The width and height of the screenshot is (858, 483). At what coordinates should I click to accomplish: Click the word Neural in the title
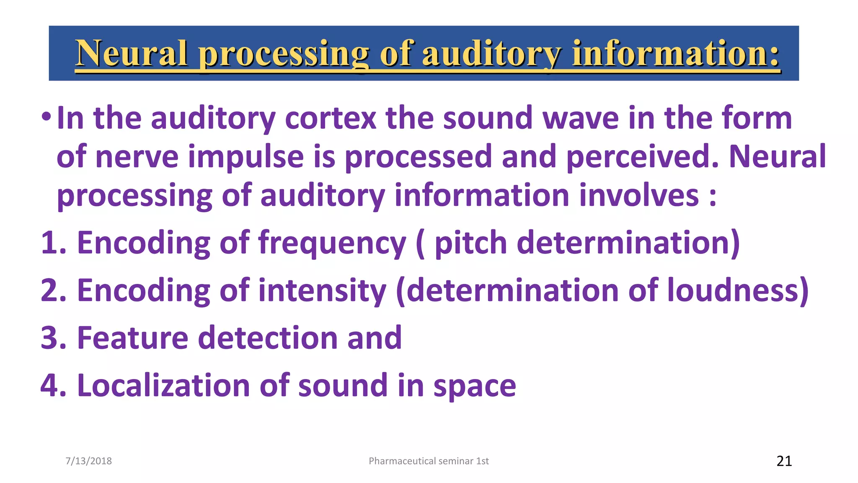[132, 53]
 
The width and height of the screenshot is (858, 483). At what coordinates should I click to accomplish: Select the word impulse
[246, 156]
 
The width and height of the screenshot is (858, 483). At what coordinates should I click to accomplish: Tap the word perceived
[641, 156]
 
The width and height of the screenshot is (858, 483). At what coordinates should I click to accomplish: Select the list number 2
[53, 290]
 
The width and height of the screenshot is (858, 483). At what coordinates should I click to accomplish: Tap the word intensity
[322, 291]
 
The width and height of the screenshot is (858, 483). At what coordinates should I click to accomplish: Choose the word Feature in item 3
[133, 338]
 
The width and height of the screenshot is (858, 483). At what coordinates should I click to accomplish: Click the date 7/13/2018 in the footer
[89, 461]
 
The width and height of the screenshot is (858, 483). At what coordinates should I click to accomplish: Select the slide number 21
[784, 461]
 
